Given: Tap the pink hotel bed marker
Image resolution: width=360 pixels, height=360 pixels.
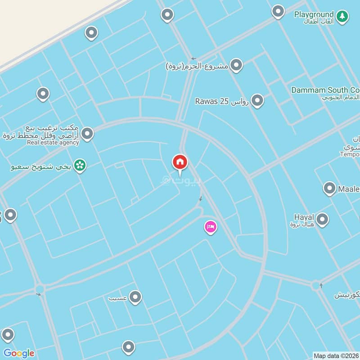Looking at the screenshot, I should (210, 227).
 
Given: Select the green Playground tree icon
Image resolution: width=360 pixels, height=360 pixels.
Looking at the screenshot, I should (342, 16).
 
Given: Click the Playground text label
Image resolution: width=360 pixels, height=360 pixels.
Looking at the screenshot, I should (314, 14).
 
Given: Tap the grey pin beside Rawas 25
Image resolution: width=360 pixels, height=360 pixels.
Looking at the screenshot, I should (257, 100).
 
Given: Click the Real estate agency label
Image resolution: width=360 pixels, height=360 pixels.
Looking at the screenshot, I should (53, 143).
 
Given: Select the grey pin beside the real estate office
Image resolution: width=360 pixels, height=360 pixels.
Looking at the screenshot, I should (87, 133).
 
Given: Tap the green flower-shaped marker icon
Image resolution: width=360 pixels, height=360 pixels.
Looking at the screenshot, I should (80, 166).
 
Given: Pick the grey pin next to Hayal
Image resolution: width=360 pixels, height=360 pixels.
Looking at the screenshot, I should (322, 220).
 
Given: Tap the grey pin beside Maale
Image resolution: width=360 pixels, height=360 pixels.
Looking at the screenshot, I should (329, 189).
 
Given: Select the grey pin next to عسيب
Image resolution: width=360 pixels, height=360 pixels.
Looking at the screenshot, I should (135, 297).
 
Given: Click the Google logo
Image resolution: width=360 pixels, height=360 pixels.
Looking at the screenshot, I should (18, 353).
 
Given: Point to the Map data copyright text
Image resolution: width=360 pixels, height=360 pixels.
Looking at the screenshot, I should (336, 355).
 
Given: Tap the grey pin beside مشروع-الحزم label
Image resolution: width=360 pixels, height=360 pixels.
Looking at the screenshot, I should (236, 65).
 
